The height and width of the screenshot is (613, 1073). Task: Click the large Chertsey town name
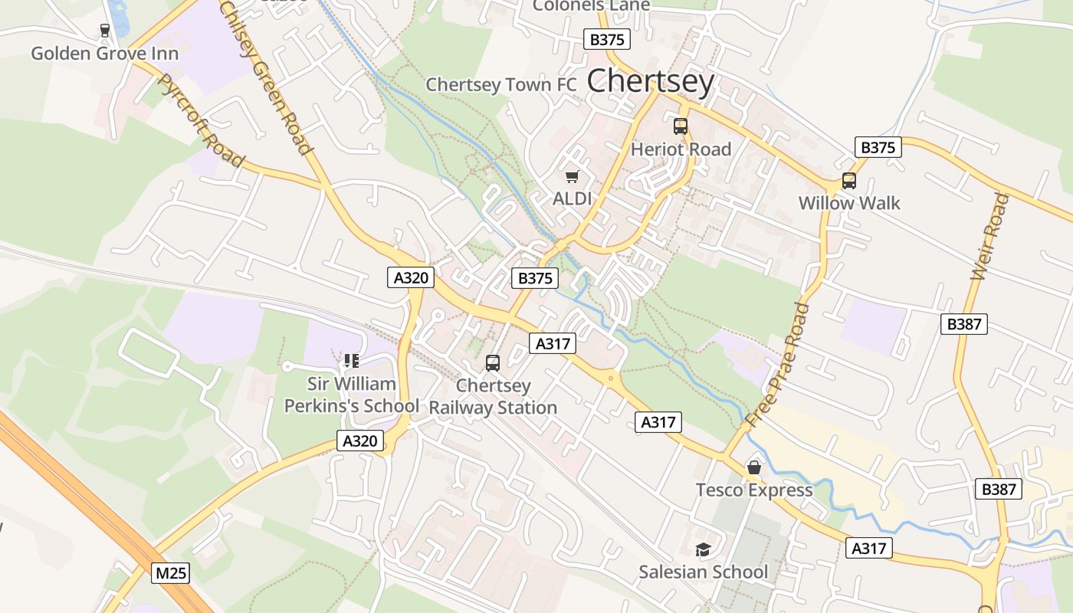(651, 81)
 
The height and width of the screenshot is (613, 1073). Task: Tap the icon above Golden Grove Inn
(105, 31)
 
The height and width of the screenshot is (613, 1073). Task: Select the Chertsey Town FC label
(500, 84)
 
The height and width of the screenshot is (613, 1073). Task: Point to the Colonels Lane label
(591, 6)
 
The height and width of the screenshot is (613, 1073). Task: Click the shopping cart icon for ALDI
(572, 178)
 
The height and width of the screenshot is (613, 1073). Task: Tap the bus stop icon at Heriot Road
(681, 126)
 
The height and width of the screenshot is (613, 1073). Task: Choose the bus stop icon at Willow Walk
(849, 181)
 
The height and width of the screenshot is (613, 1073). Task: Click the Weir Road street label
(989, 237)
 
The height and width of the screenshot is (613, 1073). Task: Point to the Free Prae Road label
(777, 365)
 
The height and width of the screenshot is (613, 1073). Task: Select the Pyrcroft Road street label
(201, 121)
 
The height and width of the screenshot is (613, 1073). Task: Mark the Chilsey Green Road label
(266, 77)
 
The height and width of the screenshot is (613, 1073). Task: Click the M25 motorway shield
(170, 573)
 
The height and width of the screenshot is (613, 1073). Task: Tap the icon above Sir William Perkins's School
(352, 361)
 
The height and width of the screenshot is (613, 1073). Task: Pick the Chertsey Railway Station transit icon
(493, 363)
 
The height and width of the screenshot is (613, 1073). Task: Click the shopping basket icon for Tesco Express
(754, 467)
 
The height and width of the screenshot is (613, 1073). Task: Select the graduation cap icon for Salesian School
(703, 549)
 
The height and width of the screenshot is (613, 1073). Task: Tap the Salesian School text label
(703, 572)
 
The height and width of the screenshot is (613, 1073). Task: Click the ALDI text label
(573, 199)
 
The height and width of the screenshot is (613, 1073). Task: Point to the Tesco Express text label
(754, 490)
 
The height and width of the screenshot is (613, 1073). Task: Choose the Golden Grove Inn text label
(105, 54)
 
